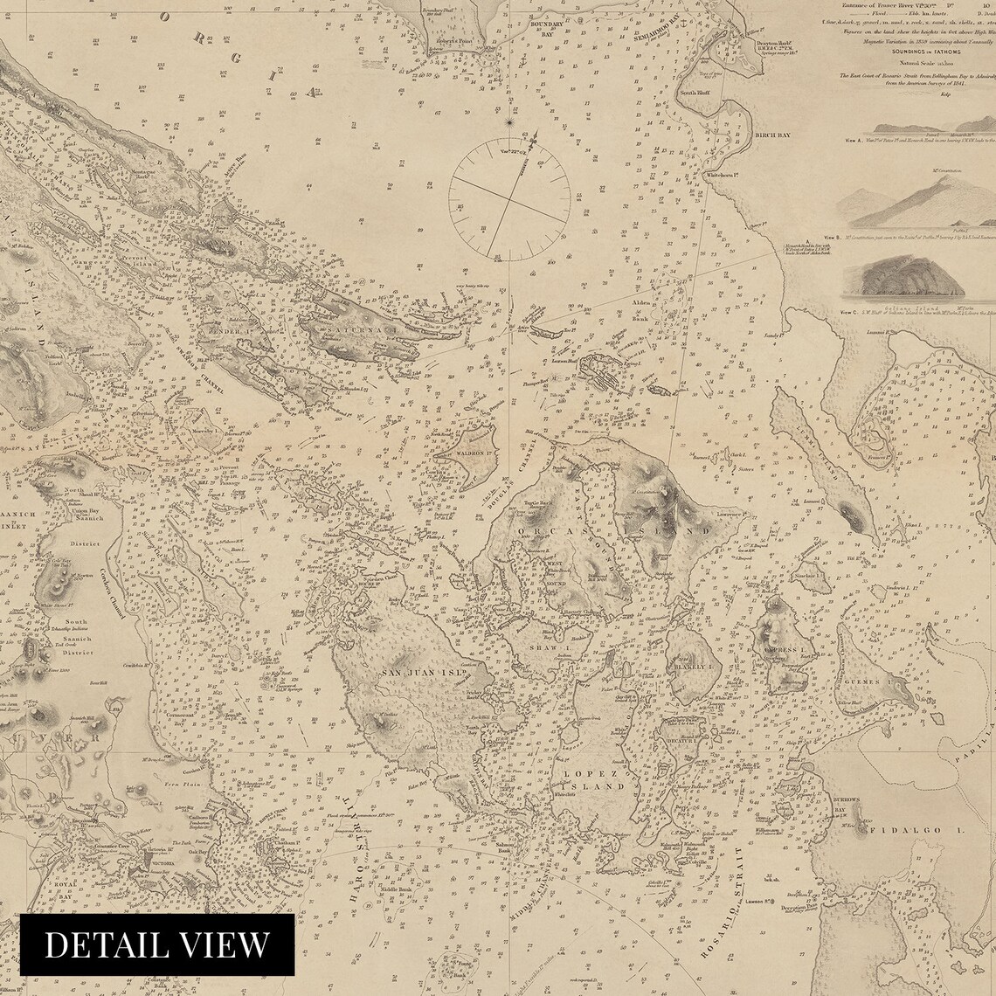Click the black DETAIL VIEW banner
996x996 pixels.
(x=157, y=944)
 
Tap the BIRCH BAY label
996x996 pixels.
(x=777, y=135)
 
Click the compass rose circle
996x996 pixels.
(x=509, y=201)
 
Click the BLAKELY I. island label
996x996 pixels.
(x=693, y=665)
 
